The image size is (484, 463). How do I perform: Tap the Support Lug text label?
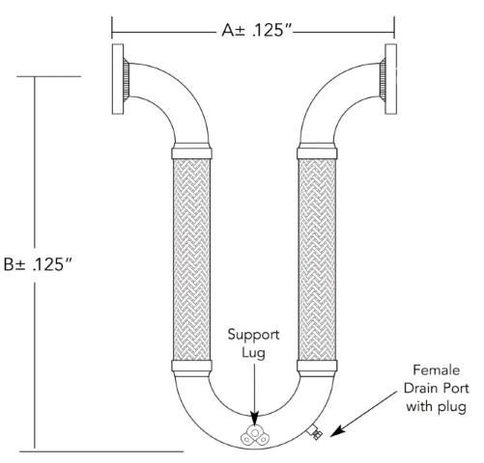point(254,345)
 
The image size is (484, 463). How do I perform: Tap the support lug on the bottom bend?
point(257,434)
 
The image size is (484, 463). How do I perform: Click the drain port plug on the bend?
point(314,436)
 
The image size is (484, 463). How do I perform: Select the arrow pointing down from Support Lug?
point(255,391)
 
